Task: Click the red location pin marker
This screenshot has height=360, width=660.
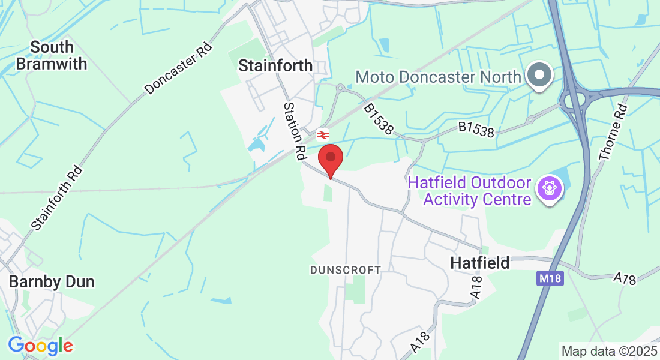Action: coord(330,159)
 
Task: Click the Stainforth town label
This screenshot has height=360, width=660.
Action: coord(275,65)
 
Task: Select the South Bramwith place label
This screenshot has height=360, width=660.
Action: coord(52,55)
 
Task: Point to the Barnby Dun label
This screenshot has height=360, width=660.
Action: coord(52,281)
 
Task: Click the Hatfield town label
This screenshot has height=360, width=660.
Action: coord(479,262)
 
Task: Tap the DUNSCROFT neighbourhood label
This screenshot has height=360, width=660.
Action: coord(345,270)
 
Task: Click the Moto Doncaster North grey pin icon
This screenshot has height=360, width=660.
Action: coord(539,76)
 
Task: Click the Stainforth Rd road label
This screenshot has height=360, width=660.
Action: coord(56,199)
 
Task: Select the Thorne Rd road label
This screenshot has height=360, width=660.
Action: coord(613,132)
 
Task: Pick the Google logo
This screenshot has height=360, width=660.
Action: coord(40,346)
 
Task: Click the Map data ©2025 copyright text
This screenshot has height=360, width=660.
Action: coord(609,350)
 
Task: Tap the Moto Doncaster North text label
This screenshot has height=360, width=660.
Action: coord(438,77)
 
